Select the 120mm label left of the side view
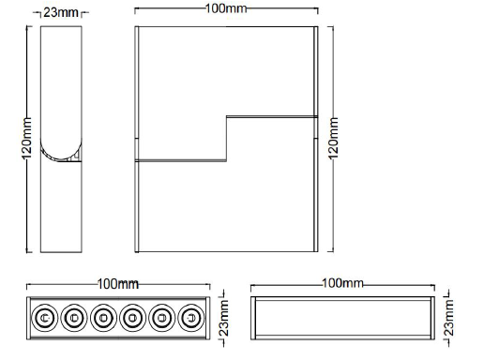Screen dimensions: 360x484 28,139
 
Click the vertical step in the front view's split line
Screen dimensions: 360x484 225,139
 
